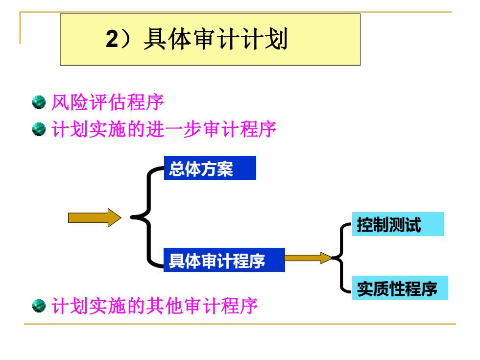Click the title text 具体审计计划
pyautogui.click(x=216, y=39)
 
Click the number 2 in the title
pyautogui.click(x=112, y=39)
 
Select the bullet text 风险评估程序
pyautogui.click(x=107, y=102)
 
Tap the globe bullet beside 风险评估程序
pyautogui.click(x=39, y=102)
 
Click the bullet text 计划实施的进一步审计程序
pyautogui.click(x=164, y=129)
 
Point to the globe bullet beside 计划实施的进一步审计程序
pyautogui.click(x=39, y=129)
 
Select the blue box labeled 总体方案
pyautogui.click(x=210, y=168)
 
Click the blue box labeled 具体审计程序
pyautogui.click(x=224, y=260)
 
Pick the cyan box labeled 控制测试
pyautogui.click(x=398, y=224)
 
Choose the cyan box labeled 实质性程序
pyautogui.click(x=400, y=288)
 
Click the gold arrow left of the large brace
pyautogui.click(x=95, y=217)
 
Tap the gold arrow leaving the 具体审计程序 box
pyautogui.click(x=308, y=258)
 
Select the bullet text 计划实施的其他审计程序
pyautogui.click(x=155, y=306)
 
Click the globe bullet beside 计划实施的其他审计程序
pyautogui.click(x=39, y=306)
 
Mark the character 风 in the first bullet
pyautogui.click(x=60, y=102)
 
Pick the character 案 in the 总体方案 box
pyautogui.click(x=225, y=168)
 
